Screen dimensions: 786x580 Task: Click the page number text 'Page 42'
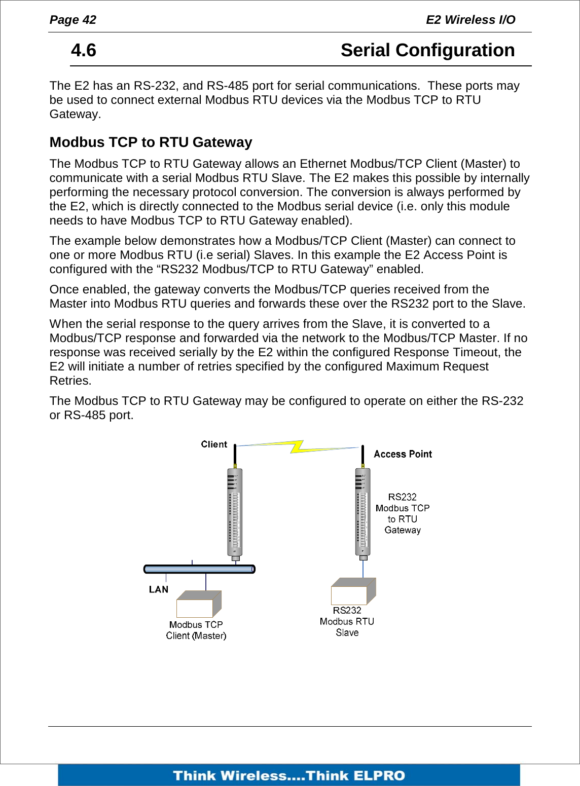(x=72, y=20)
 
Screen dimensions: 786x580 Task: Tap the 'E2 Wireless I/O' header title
(x=470, y=20)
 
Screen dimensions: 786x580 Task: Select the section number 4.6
(x=84, y=50)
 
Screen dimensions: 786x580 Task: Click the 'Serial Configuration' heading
(x=427, y=50)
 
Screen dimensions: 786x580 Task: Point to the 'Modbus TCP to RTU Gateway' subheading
(x=151, y=142)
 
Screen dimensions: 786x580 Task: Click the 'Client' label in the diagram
(x=213, y=444)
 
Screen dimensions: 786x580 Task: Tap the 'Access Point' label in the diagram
(x=403, y=454)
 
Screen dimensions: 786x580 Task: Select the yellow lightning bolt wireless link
(x=297, y=446)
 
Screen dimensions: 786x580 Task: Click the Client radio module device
(x=235, y=512)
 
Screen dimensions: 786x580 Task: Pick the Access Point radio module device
(x=363, y=512)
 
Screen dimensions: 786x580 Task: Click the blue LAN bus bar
(x=199, y=569)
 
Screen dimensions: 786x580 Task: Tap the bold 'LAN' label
(x=158, y=589)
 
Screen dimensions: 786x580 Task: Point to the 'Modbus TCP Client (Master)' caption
(x=196, y=630)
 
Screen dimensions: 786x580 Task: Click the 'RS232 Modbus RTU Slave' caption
(x=347, y=621)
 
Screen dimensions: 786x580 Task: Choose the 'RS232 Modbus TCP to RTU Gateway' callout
(x=403, y=513)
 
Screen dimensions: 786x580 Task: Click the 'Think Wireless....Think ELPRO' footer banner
(x=289, y=775)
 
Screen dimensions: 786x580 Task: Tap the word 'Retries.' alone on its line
(x=70, y=381)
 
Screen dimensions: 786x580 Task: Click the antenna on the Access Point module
(x=363, y=455)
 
